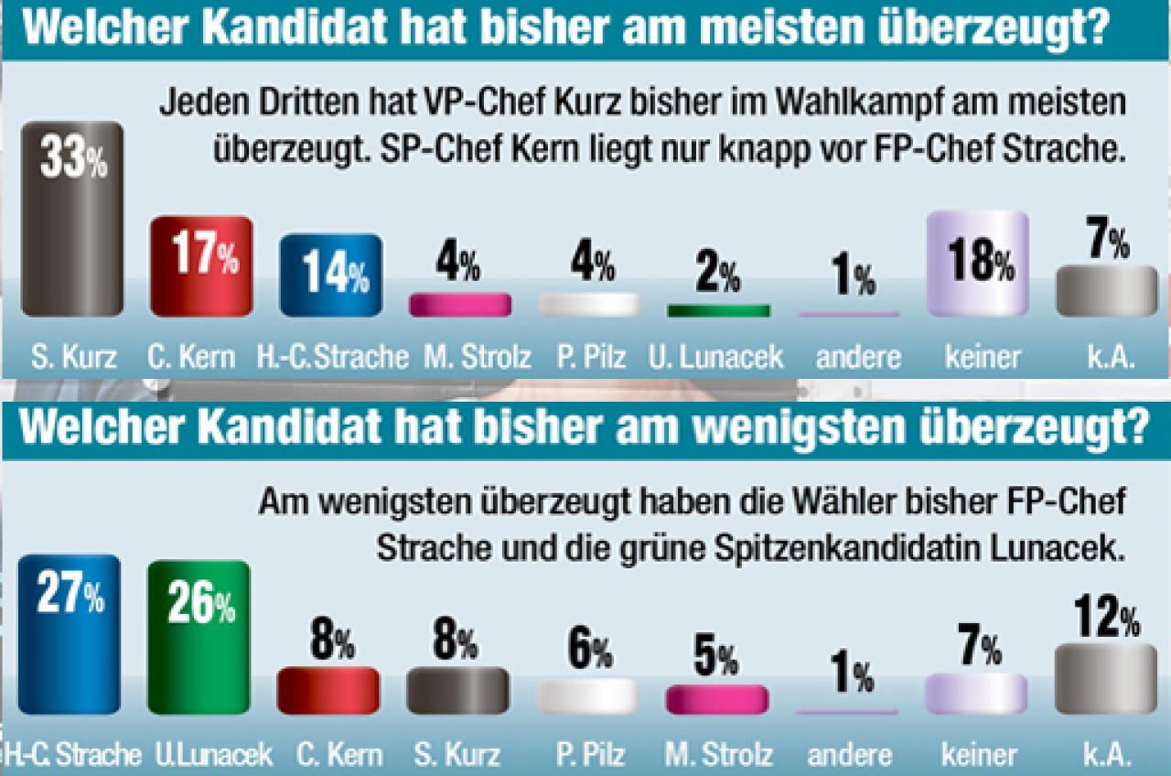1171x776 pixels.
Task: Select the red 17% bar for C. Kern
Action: tap(200, 266)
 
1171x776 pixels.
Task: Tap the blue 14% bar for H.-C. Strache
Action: tap(330, 275)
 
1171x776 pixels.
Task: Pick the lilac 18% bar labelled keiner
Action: tap(978, 264)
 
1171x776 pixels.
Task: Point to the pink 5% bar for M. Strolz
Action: tap(717, 699)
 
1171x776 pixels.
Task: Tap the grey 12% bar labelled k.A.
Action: tap(1106, 678)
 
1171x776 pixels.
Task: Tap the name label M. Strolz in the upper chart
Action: tap(459, 356)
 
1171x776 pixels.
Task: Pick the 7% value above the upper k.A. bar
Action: tap(1106, 243)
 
